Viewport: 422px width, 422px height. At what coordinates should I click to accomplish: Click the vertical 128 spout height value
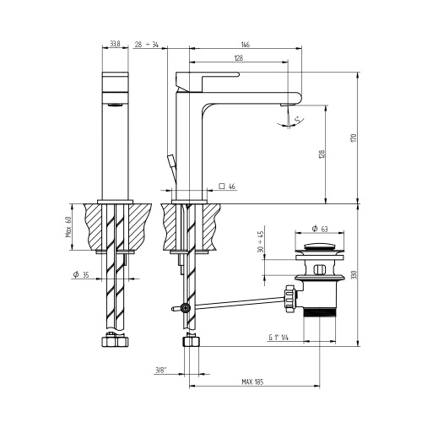click(321, 156)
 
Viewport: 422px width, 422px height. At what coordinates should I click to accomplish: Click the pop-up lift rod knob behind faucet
click(168, 160)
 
